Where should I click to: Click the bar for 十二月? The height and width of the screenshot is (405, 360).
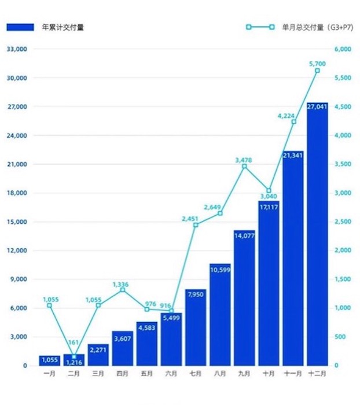[317, 234]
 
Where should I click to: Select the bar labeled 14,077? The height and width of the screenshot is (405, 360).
[244, 298]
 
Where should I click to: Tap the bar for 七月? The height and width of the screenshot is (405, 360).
[196, 327]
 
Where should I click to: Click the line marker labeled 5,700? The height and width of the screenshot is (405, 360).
[317, 71]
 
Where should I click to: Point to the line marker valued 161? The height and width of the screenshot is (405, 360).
[74, 357]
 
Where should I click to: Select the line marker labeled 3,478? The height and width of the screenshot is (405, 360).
[244, 166]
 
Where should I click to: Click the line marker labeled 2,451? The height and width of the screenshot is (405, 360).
[196, 224]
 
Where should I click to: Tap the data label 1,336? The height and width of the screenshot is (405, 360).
[122, 284]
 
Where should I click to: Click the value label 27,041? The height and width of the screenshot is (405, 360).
[317, 107]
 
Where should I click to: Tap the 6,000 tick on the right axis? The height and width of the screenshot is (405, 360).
[343, 49]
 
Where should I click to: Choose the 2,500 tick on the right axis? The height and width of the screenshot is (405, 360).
[343, 222]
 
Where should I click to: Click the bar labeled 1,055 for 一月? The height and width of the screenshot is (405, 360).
[49, 361]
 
